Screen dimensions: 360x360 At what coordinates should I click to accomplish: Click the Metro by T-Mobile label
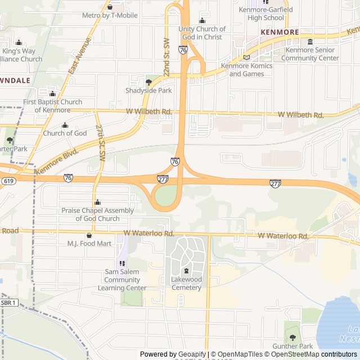[x=110, y=15]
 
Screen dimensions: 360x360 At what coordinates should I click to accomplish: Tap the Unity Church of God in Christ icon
[x=202, y=21]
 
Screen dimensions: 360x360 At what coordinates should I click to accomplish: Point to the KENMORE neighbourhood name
[x=280, y=32]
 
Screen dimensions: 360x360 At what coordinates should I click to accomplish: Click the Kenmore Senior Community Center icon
[x=310, y=42]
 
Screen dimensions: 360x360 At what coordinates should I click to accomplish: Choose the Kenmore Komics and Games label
[x=247, y=70]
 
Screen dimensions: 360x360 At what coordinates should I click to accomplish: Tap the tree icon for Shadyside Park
[x=148, y=82]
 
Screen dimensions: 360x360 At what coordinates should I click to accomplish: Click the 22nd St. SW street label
[x=166, y=58]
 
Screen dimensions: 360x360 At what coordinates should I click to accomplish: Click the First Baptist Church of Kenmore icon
[x=52, y=94]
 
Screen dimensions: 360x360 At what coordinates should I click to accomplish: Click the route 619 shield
[x=8, y=181]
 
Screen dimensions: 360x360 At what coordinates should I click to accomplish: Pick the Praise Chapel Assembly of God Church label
[x=98, y=214]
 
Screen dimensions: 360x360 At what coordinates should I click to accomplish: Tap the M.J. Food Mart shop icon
[x=89, y=235]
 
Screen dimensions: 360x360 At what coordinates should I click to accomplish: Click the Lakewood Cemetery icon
[x=186, y=272]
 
